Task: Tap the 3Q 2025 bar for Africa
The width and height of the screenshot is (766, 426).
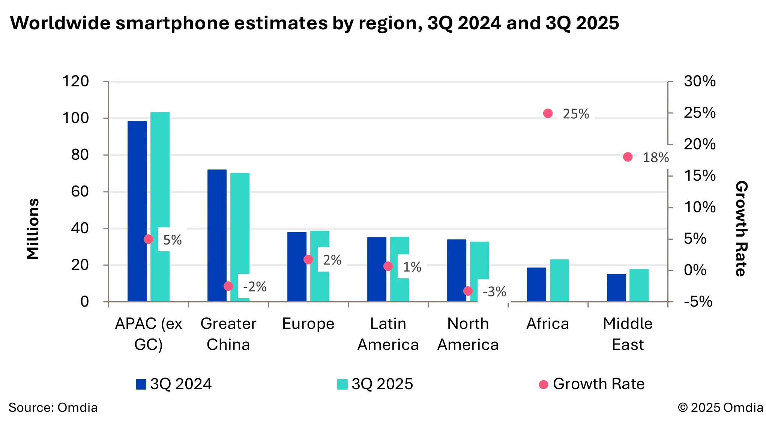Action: (x=559, y=280)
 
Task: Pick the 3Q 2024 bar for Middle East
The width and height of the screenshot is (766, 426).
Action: (x=616, y=288)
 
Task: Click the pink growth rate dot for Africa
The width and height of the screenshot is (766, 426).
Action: (x=548, y=113)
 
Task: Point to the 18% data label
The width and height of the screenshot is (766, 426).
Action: (x=655, y=158)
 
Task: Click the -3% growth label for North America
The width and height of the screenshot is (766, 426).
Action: (x=494, y=292)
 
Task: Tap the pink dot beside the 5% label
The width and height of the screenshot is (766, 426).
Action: (x=149, y=239)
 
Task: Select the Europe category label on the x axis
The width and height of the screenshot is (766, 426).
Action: (x=308, y=324)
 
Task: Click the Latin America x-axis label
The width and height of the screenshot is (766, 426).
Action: (x=388, y=334)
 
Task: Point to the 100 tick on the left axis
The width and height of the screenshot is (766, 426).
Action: (x=75, y=118)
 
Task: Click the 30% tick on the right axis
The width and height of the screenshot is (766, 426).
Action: (x=699, y=82)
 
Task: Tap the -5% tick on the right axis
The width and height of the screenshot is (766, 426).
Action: (x=698, y=302)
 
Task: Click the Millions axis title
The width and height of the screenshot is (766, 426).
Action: (x=33, y=229)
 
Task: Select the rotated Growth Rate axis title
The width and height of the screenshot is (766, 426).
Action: (x=741, y=228)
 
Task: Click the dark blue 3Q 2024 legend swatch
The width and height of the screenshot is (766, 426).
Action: (x=141, y=384)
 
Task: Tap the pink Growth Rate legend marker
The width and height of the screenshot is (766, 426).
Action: (x=543, y=384)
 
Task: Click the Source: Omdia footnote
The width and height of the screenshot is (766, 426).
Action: (x=53, y=408)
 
